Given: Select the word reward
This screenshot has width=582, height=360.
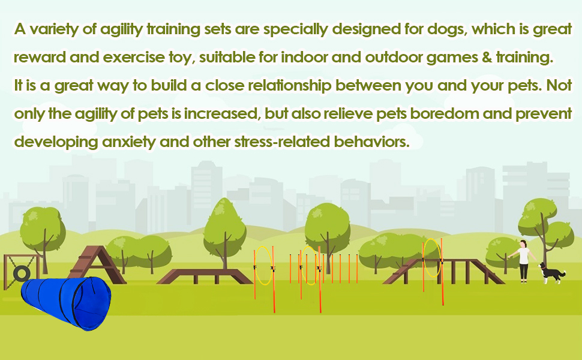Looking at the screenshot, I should click(37, 58).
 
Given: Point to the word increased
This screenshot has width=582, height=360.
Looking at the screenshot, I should click(219, 113).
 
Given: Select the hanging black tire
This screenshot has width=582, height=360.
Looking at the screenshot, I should click(22, 274).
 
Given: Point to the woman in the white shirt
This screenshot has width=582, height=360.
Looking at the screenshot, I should click(524, 260).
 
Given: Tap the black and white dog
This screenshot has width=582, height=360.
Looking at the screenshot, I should click(551, 273).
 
